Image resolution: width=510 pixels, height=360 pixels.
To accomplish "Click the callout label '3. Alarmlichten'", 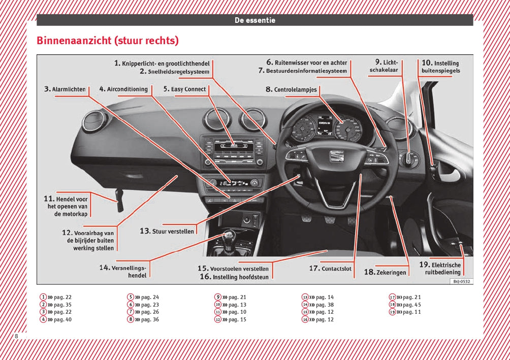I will [x=65, y=89].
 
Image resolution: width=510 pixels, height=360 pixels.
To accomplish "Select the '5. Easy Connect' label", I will [x=184, y=89].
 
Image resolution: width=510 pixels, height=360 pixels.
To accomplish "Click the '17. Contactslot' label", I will [x=330, y=268].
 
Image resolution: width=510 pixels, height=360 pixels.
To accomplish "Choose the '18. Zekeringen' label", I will [x=386, y=272].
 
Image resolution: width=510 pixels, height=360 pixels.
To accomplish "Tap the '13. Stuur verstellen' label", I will [x=167, y=231].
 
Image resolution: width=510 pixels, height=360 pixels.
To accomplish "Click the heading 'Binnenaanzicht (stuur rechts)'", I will [x=108, y=41].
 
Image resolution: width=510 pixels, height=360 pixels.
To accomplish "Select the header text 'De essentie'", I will [x=255, y=20].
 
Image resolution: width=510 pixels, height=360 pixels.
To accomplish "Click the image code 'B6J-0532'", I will [x=461, y=281].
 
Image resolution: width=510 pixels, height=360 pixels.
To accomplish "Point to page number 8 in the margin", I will [x=16, y=337].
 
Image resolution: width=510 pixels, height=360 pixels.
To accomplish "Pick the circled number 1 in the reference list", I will [x=44, y=297].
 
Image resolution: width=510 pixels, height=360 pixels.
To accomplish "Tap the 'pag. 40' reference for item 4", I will [x=62, y=319].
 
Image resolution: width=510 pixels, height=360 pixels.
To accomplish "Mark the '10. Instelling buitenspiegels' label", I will [x=440, y=67].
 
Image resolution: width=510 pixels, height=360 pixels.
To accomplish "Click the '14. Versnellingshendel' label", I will [x=123, y=271].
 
